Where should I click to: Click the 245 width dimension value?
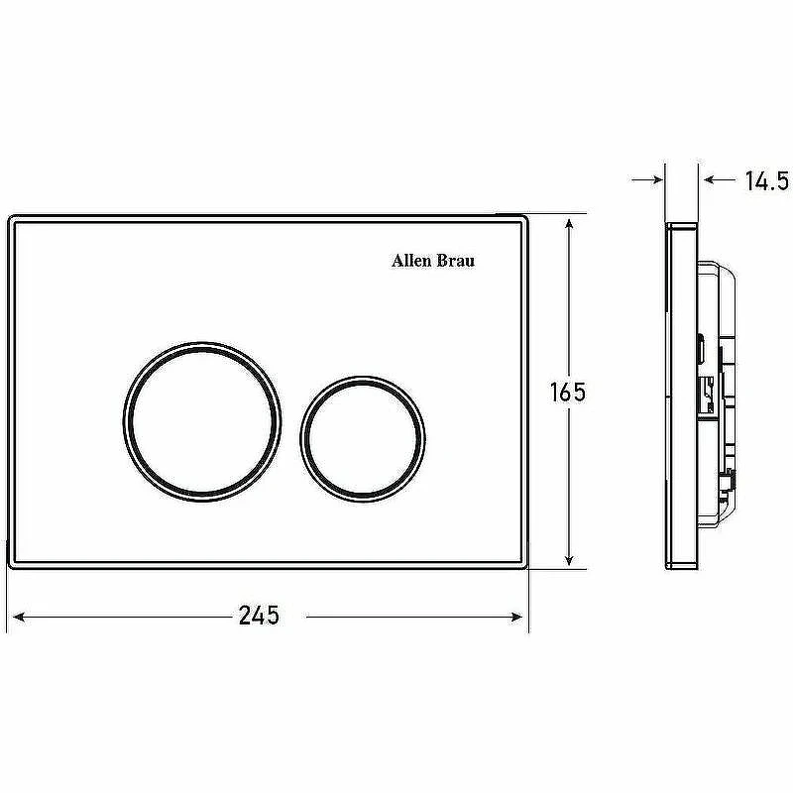(259, 616)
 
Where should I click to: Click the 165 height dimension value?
(567, 392)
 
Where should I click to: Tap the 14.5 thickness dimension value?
(767, 180)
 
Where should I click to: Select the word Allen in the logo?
(411, 261)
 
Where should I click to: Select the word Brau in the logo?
(456, 261)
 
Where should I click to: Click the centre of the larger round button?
(202, 421)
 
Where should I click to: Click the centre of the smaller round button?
(363, 439)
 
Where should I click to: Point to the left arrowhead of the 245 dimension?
(18, 617)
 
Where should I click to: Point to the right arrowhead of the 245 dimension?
(516, 617)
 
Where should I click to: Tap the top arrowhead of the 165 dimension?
(569, 225)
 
